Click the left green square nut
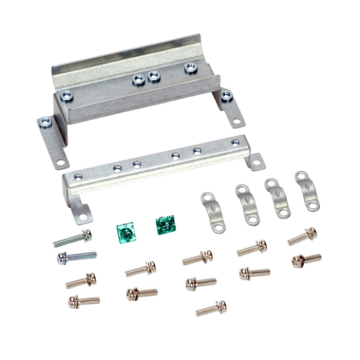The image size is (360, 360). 126,232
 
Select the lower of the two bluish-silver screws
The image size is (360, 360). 77,257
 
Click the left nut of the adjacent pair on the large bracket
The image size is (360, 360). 138,80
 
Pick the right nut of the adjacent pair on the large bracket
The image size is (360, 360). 153,75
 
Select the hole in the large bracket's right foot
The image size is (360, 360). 237,120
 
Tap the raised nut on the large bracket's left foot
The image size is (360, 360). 66,95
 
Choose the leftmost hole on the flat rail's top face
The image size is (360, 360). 118,169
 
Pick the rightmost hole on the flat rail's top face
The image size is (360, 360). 234,143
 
